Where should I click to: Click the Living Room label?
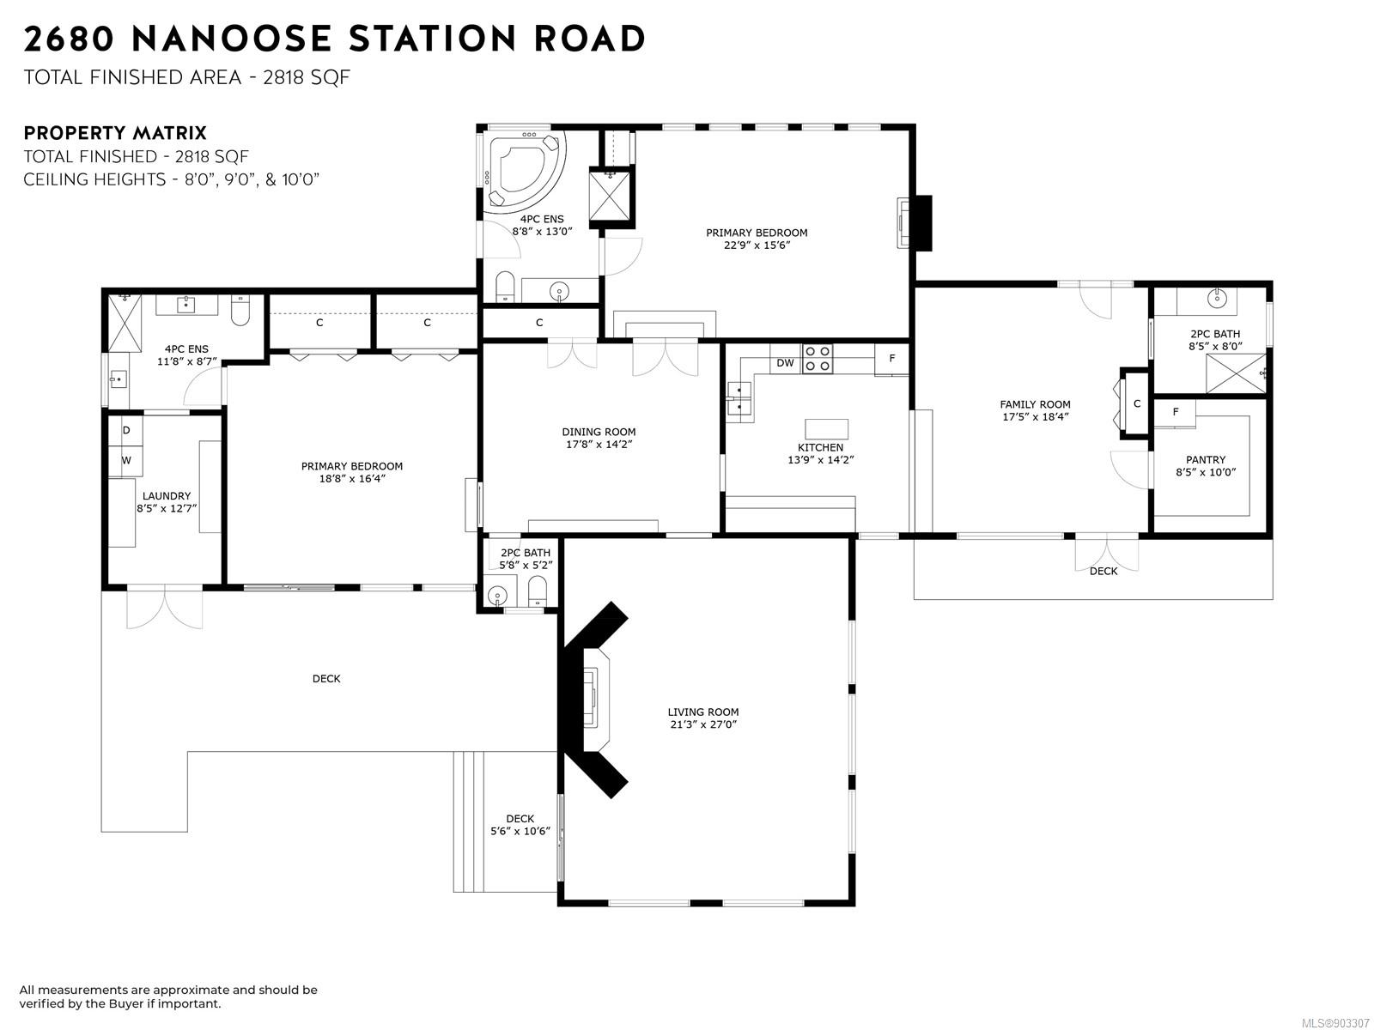click(703, 712)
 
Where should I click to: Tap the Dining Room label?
click(599, 432)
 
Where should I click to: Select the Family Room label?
click(1035, 404)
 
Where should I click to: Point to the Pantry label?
click(1206, 460)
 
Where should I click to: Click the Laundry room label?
click(167, 496)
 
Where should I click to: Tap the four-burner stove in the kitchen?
click(818, 359)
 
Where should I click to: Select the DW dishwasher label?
click(785, 363)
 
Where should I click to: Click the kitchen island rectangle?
click(826, 429)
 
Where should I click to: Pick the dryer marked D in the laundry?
click(125, 430)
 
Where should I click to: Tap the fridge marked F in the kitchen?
click(891, 358)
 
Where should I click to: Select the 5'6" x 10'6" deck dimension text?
click(520, 831)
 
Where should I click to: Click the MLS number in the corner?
click(1335, 1023)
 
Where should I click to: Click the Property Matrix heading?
click(115, 133)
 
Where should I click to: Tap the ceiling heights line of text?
click(172, 179)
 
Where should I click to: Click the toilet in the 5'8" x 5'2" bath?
click(537, 591)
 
